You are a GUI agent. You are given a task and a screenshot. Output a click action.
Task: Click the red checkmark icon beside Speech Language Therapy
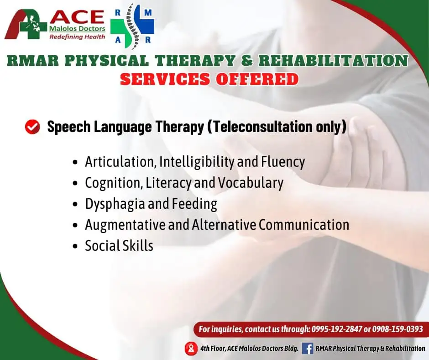[32, 127]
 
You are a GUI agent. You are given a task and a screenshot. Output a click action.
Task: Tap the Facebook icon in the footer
[308, 349]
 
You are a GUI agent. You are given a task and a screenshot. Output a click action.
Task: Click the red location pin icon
[191, 349]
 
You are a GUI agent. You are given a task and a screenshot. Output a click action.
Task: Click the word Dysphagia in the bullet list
[115, 204]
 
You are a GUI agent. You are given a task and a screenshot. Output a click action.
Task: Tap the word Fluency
[283, 162]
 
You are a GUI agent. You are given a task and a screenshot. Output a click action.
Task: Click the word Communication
[304, 225]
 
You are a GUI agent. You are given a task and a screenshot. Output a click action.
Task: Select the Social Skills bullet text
[119, 245]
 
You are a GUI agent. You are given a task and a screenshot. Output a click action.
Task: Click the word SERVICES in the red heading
[165, 79]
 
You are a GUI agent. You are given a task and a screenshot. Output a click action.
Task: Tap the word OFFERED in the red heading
[257, 79]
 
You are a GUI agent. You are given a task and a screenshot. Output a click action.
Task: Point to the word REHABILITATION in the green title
[333, 60]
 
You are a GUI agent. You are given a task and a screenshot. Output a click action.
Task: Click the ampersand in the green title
[247, 60]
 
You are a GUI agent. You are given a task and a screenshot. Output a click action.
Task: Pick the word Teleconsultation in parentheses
[262, 127]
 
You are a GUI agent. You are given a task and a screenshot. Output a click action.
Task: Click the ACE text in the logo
[77, 17]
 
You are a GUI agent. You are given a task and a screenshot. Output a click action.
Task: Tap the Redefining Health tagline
[77, 37]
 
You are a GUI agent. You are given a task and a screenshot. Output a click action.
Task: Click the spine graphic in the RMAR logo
[132, 26]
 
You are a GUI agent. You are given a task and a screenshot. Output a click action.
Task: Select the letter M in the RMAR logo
[148, 13]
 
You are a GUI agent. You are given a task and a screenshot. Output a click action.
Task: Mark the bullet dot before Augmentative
[75, 226]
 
